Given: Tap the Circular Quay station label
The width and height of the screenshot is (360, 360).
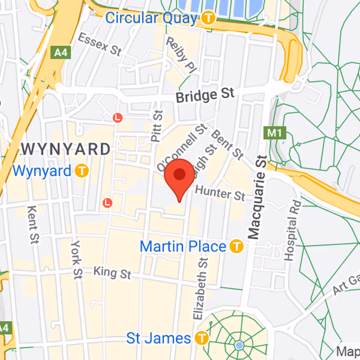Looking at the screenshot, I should point(151,18).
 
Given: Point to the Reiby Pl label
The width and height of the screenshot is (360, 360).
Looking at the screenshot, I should point(182,55).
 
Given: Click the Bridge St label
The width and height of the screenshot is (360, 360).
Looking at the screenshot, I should point(205,95).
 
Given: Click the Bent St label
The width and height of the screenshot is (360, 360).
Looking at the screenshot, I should point(227,144).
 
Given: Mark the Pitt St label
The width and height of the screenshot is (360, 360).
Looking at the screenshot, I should point(156,126).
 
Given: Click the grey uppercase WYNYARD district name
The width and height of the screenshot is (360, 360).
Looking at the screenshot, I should point(66,149).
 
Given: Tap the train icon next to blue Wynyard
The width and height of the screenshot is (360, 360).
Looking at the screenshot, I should point(82,171).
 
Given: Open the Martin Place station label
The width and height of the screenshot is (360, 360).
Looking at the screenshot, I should point(183,246).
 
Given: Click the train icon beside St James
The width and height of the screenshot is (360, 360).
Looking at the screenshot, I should point(202,337).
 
